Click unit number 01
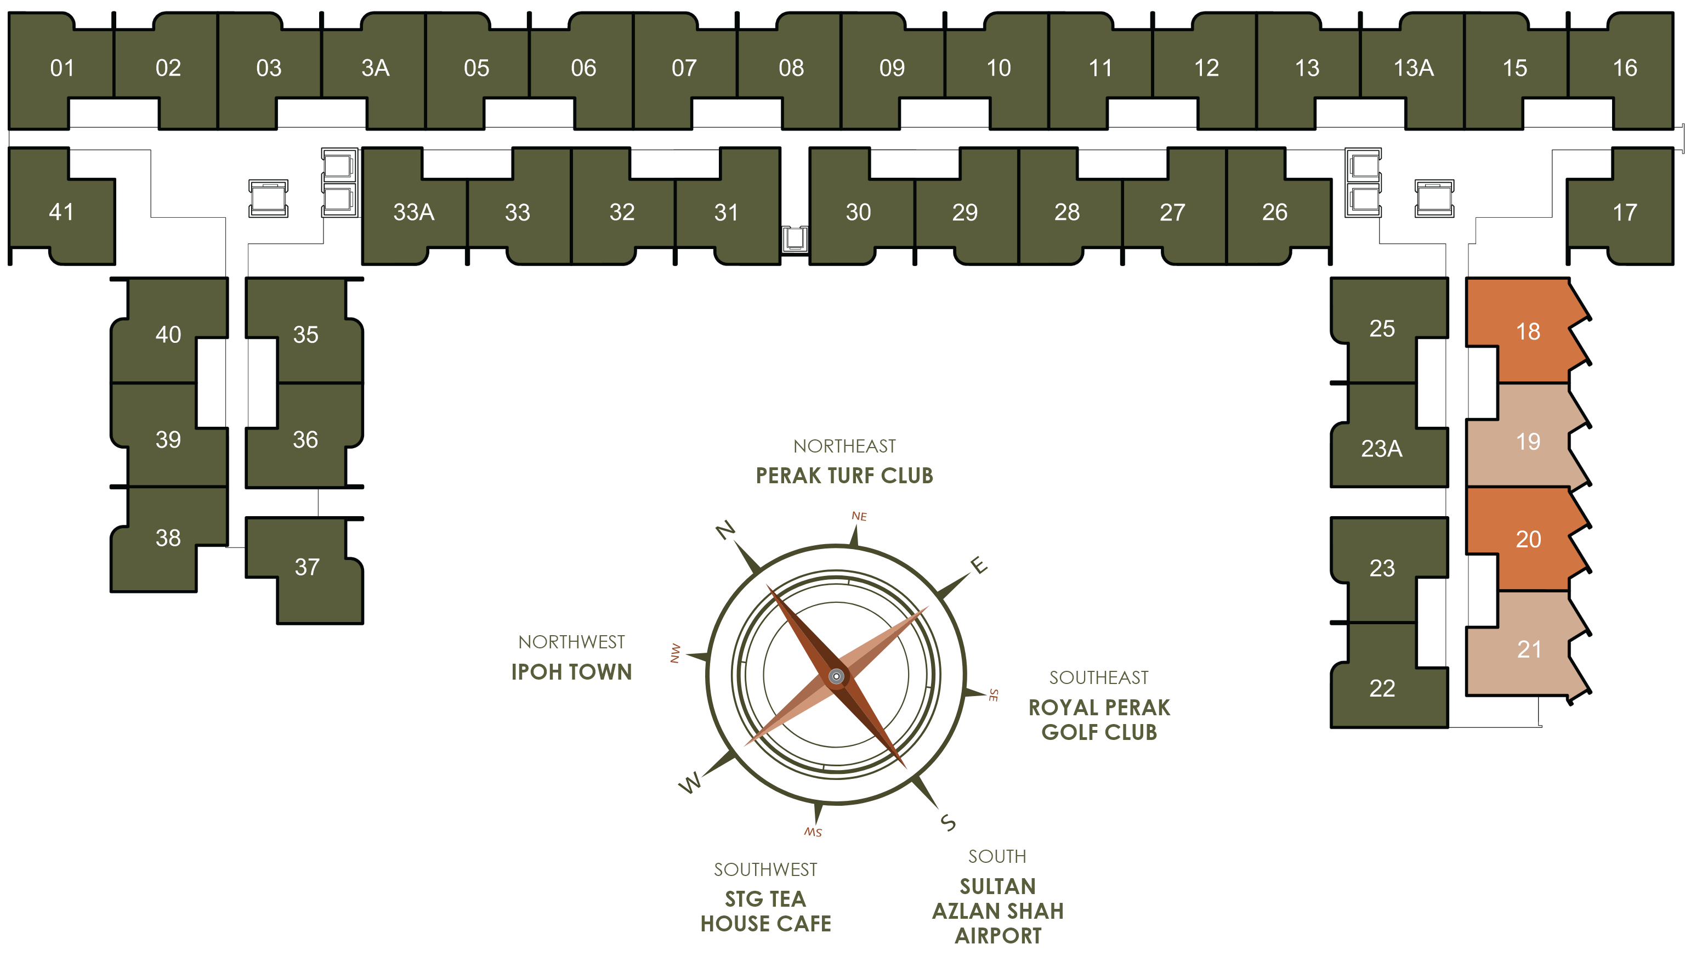click(x=62, y=68)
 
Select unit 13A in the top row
click(x=1413, y=68)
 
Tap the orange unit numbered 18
click(x=1527, y=331)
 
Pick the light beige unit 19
click(x=1527, y=441)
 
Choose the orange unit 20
click(x=1528, y=539)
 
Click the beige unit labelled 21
click(x=1529, y=649)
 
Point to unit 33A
click(x=413, y=212)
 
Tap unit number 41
click(x=61, y=212)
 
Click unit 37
click(x=307, y=567)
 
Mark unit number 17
click(x=1624, y=212)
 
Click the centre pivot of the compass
click(x=836, y=676)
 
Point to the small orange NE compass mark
click(x=859, y=516)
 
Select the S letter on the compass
click(x=948, y=822)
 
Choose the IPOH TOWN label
click(x=571, y=672)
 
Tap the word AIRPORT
click(x=997, y=936)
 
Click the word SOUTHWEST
click(x=765, y=869)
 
